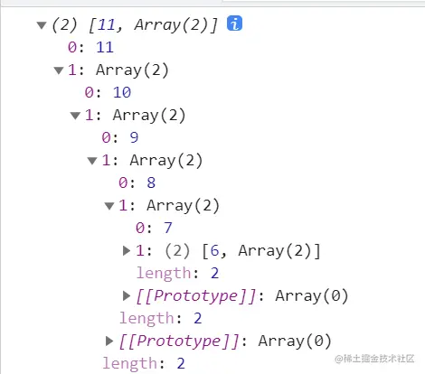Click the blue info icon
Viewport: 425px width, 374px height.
(x=234, y=23)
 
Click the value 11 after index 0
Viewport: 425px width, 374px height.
(x=105, y=47)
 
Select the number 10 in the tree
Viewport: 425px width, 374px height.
(x=122, y=92)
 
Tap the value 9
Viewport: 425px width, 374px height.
(x=134, y=137)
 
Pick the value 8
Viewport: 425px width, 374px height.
(x=151, y=182)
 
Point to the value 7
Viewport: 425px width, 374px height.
(x=168, y=228)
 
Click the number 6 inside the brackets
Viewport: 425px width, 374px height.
(x=214, y=250)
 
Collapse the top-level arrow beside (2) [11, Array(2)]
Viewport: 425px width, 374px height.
(x=42, y=25)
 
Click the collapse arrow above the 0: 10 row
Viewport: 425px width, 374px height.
(x=59, y=70)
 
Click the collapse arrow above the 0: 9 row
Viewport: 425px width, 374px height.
(x=75, y=116)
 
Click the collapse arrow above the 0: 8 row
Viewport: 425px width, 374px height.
(x=92, y=161)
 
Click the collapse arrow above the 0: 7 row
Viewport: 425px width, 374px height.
(x=109, y=206)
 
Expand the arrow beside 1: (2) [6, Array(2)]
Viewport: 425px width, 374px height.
(x=127, y=250)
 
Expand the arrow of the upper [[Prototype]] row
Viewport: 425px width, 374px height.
(x=127, y=295)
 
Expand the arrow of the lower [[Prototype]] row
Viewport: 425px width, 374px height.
(x=109, y=341)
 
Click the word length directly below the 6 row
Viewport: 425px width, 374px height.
(x=164, y=273)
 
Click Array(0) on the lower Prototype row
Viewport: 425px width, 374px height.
(x=295, y=341)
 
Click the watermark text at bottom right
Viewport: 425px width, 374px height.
(x=374, y=359)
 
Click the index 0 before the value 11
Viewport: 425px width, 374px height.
(x=72, y=47)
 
